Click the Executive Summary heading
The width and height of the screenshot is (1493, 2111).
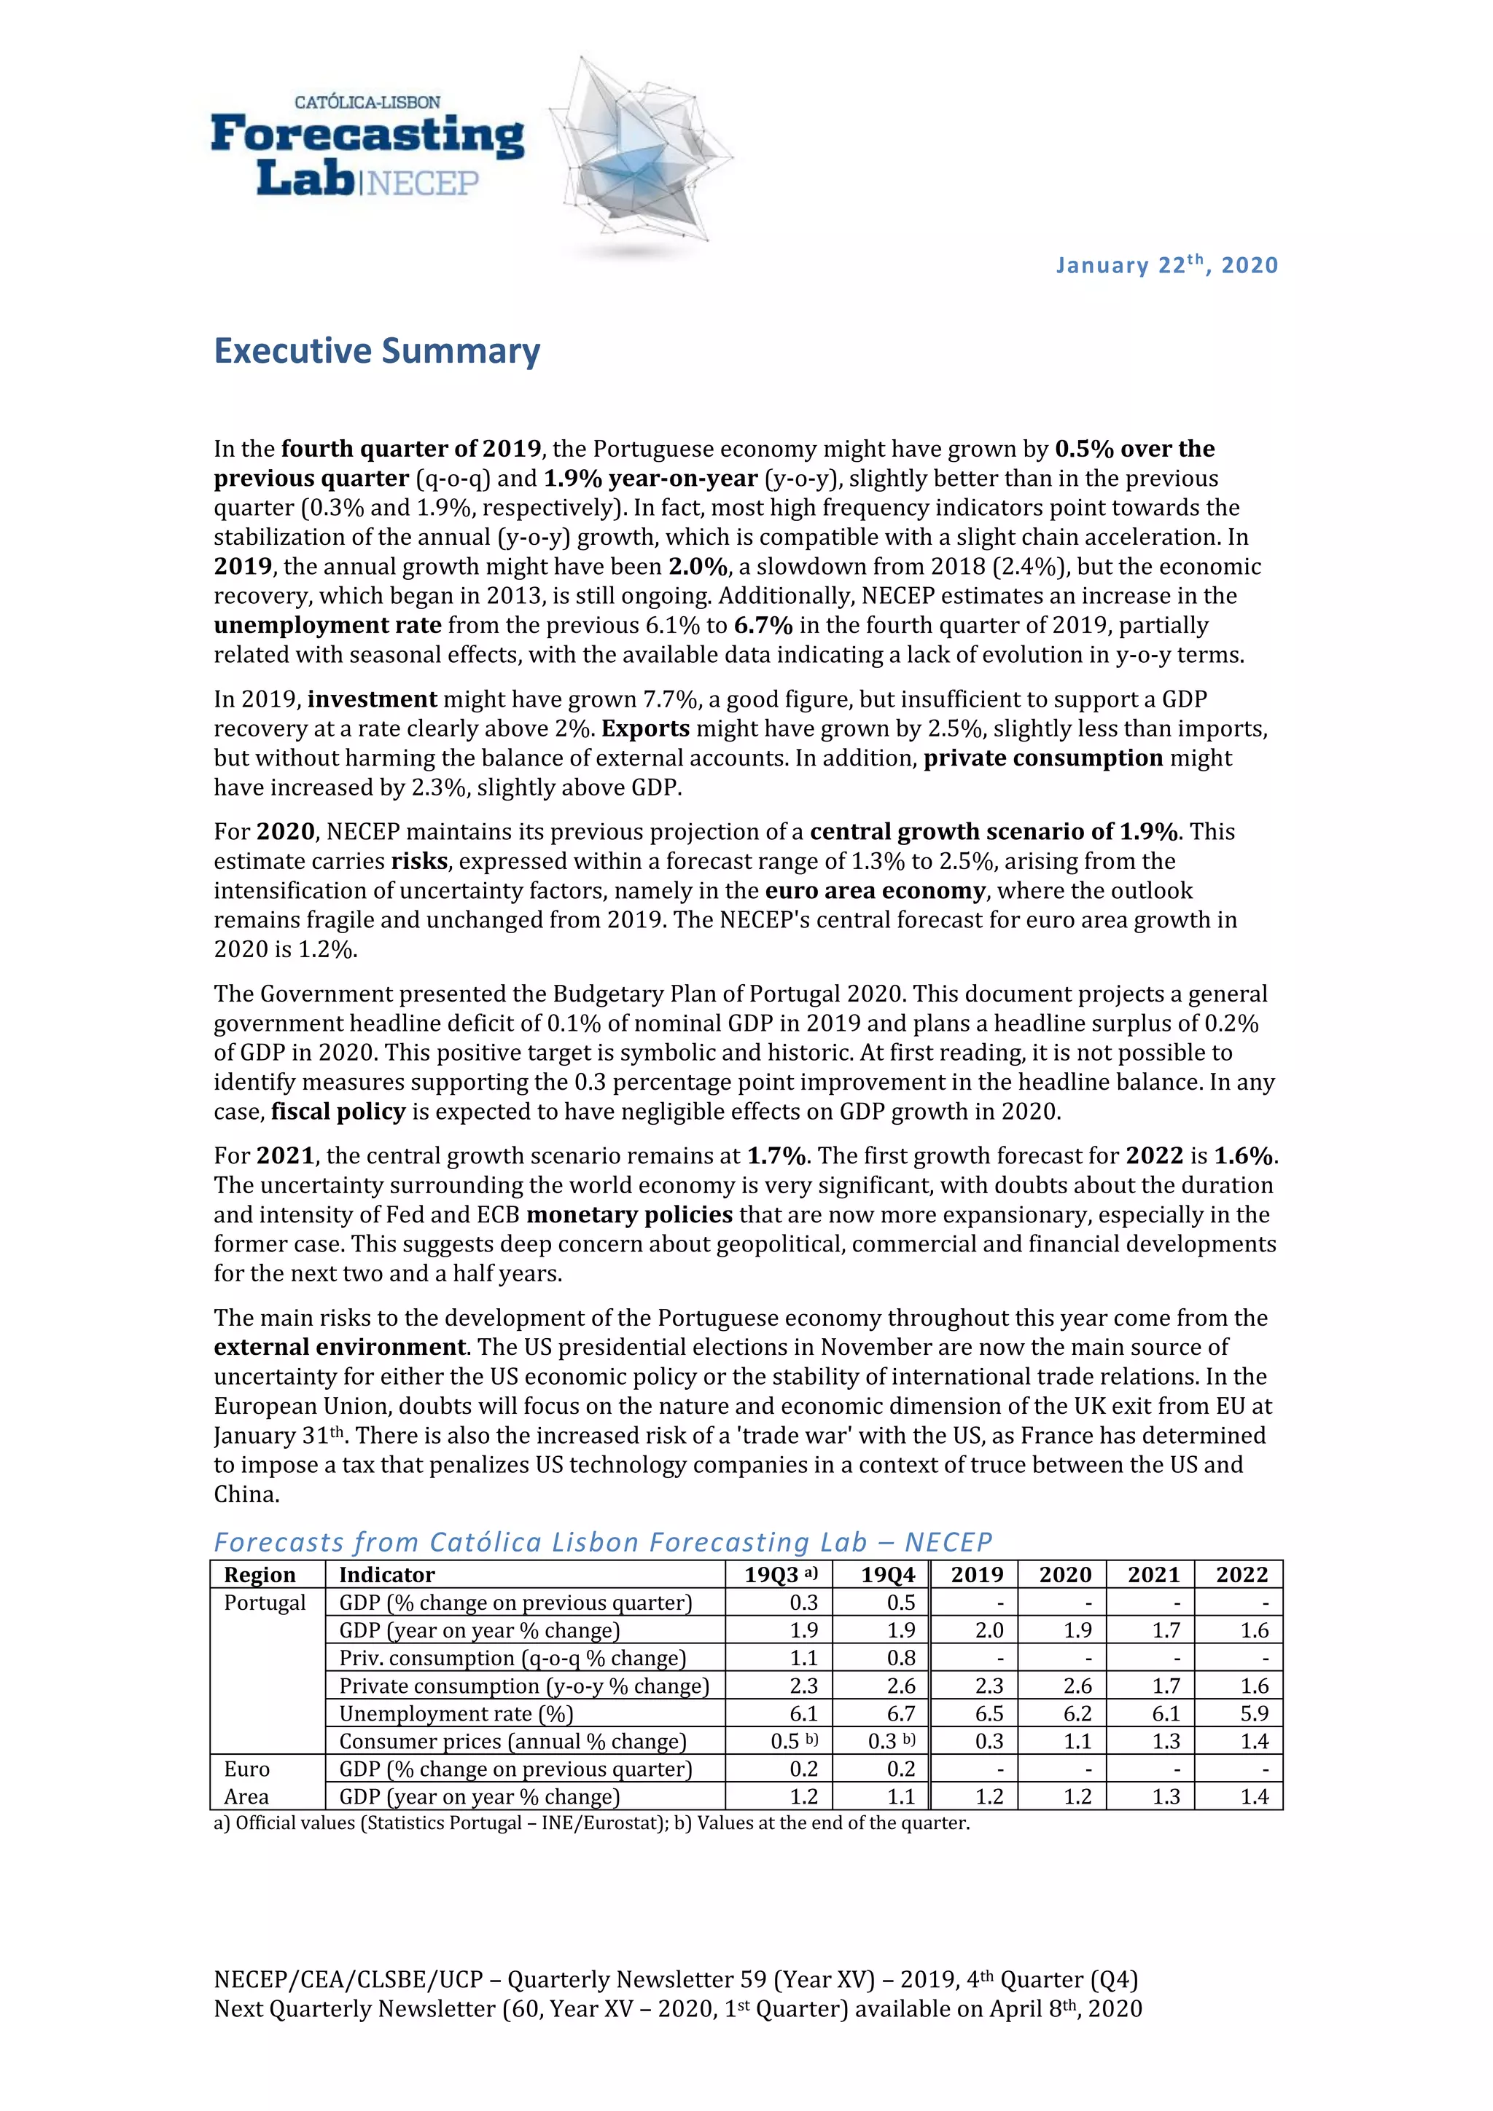[x=377, y=351]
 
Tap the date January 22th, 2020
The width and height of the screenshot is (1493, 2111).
[x=1166, y=265]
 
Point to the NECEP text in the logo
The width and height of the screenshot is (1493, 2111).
[x=422, y=183]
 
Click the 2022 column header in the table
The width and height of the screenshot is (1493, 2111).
[x=1241, y=1575]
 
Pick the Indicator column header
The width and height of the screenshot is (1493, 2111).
[x=386, y=1575]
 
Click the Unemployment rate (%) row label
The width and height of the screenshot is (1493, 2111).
[x=456, y=1714]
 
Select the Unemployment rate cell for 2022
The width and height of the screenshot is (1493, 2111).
[x=1254, y=1714]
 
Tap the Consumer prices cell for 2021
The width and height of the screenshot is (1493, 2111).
[x=1166, y=1742]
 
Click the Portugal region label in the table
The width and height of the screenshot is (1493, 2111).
[x=265, y=1603]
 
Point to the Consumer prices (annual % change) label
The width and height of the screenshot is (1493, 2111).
[x=512, y=1742]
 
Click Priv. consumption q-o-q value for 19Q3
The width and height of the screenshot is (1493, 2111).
[x=803, y=1658]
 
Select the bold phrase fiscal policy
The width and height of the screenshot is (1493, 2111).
[x=338, y=1112]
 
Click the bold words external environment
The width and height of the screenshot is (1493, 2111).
[x=340, y=1347]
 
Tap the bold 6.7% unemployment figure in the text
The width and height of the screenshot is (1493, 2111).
[x=763, y=625]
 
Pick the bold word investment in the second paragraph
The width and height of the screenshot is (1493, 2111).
[x=373, y=700]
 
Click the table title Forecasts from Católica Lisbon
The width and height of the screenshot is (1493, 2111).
[x=603, y=1542]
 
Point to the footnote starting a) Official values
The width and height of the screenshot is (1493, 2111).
[x=591, y=1823]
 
